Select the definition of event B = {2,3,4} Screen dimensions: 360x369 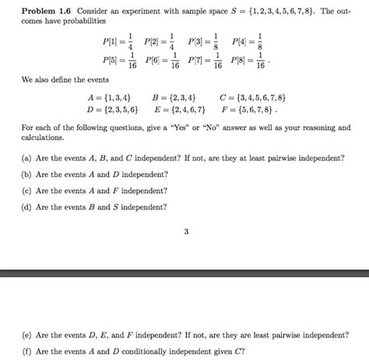click(x=174, y=97)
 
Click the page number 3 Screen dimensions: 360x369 click(x=185, y=231)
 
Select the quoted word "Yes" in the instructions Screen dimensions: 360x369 click(x=209, y=127)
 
